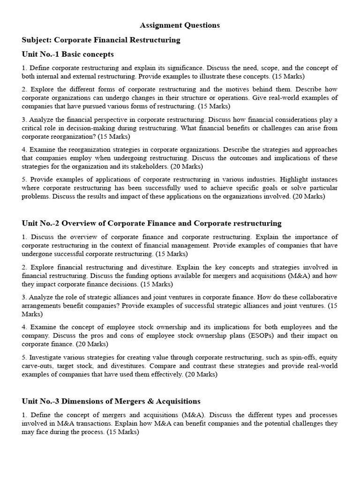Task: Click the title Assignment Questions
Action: [180, 25]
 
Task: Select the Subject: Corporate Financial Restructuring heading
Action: [101, 40]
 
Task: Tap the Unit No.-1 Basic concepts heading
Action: [67, 54]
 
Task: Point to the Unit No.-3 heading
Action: [111, 401]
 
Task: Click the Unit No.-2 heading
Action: [151, 223]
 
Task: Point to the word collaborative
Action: [319, 297]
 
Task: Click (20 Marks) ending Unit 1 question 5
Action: [308, 196]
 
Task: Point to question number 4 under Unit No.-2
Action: [24, 327]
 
